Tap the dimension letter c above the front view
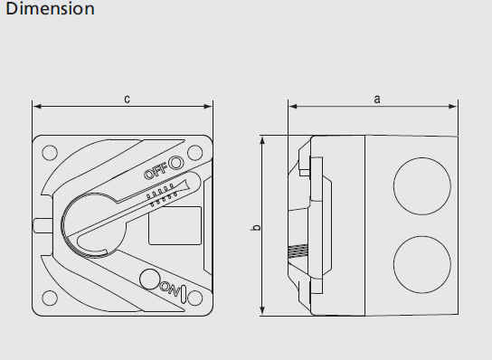click(127, 99)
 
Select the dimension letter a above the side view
click(376, 99)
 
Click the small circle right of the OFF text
click(176, 163)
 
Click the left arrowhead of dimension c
click(36, 106)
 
